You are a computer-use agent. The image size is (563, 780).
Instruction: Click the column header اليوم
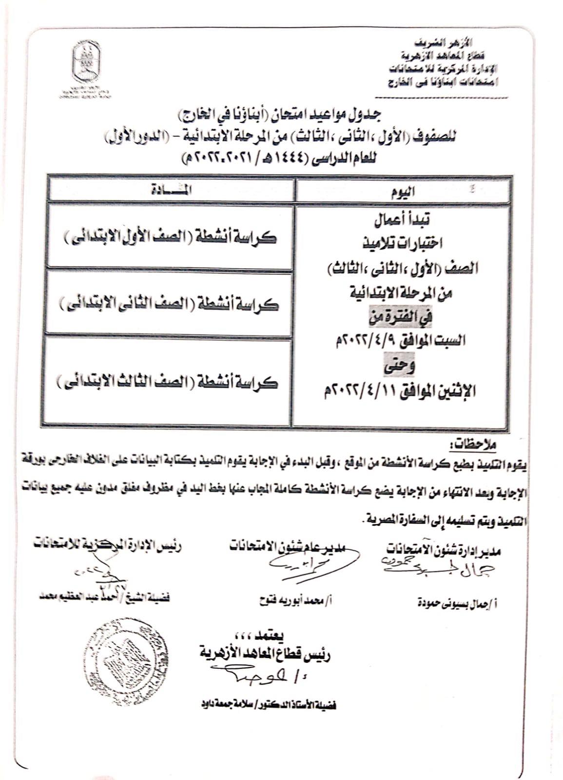click(x=403, y=191)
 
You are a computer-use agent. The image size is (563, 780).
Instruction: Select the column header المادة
click(x=172, y=190)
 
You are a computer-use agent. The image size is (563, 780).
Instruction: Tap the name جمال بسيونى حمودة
click(x=456, y=603)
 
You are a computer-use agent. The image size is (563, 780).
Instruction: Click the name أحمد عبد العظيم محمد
click(x=105, y=597)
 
